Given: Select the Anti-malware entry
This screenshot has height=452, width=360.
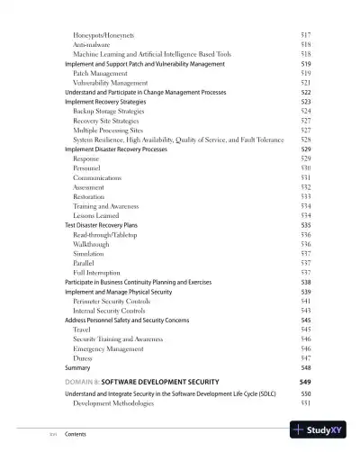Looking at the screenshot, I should (x=92, y=44).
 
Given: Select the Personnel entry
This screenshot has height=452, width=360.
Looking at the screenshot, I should (x=88, y=168).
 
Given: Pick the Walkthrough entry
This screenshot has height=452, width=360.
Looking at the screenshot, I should (x=92, y=244).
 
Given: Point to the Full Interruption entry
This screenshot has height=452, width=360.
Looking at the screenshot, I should (x=96, y=273).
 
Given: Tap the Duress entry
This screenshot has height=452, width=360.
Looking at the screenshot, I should (x=84, y=357).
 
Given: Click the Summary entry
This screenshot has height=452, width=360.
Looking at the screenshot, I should (x=77, y=367).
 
